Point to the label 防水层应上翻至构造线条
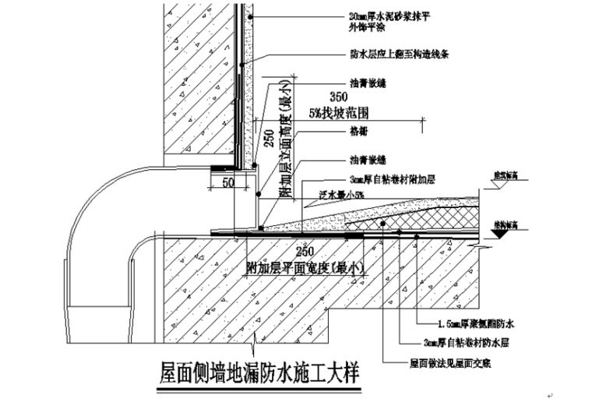(x=397, y=55)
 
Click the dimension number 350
(x=338, y=98)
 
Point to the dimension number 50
(x=227, y=182)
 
